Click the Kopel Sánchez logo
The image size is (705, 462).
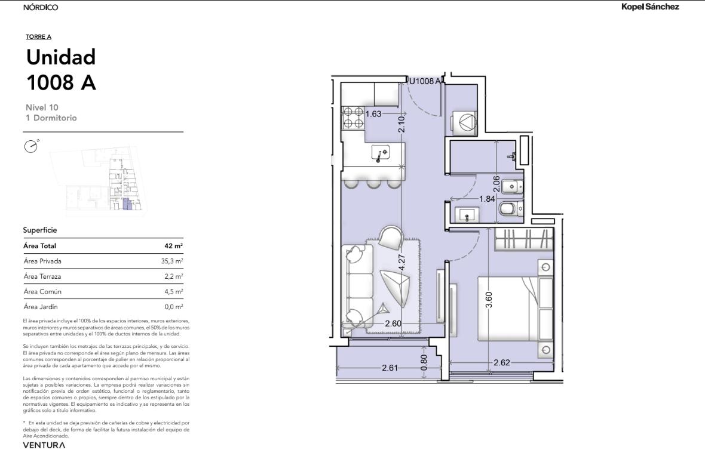point(649,7)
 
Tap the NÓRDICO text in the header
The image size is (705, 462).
point(41,7)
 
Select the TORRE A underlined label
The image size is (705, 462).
point(38,37)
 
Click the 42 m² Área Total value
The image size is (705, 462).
point(173,245)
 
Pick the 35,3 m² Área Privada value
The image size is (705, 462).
point(171,261)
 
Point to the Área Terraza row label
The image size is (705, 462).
point(42,276)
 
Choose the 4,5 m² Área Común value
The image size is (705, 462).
point(173,291)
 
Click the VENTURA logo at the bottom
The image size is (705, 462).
point(44,445)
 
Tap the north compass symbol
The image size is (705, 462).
point(31,146)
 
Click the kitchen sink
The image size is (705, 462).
point(381,153)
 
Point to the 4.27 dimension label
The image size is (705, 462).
point(402,262)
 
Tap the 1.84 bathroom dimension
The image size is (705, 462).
point(487,198)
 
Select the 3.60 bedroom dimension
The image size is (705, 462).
point(489,300)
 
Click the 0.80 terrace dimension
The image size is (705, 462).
point(424,363)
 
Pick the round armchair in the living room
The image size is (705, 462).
point(391,238)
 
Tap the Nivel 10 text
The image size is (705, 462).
point(42,107)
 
